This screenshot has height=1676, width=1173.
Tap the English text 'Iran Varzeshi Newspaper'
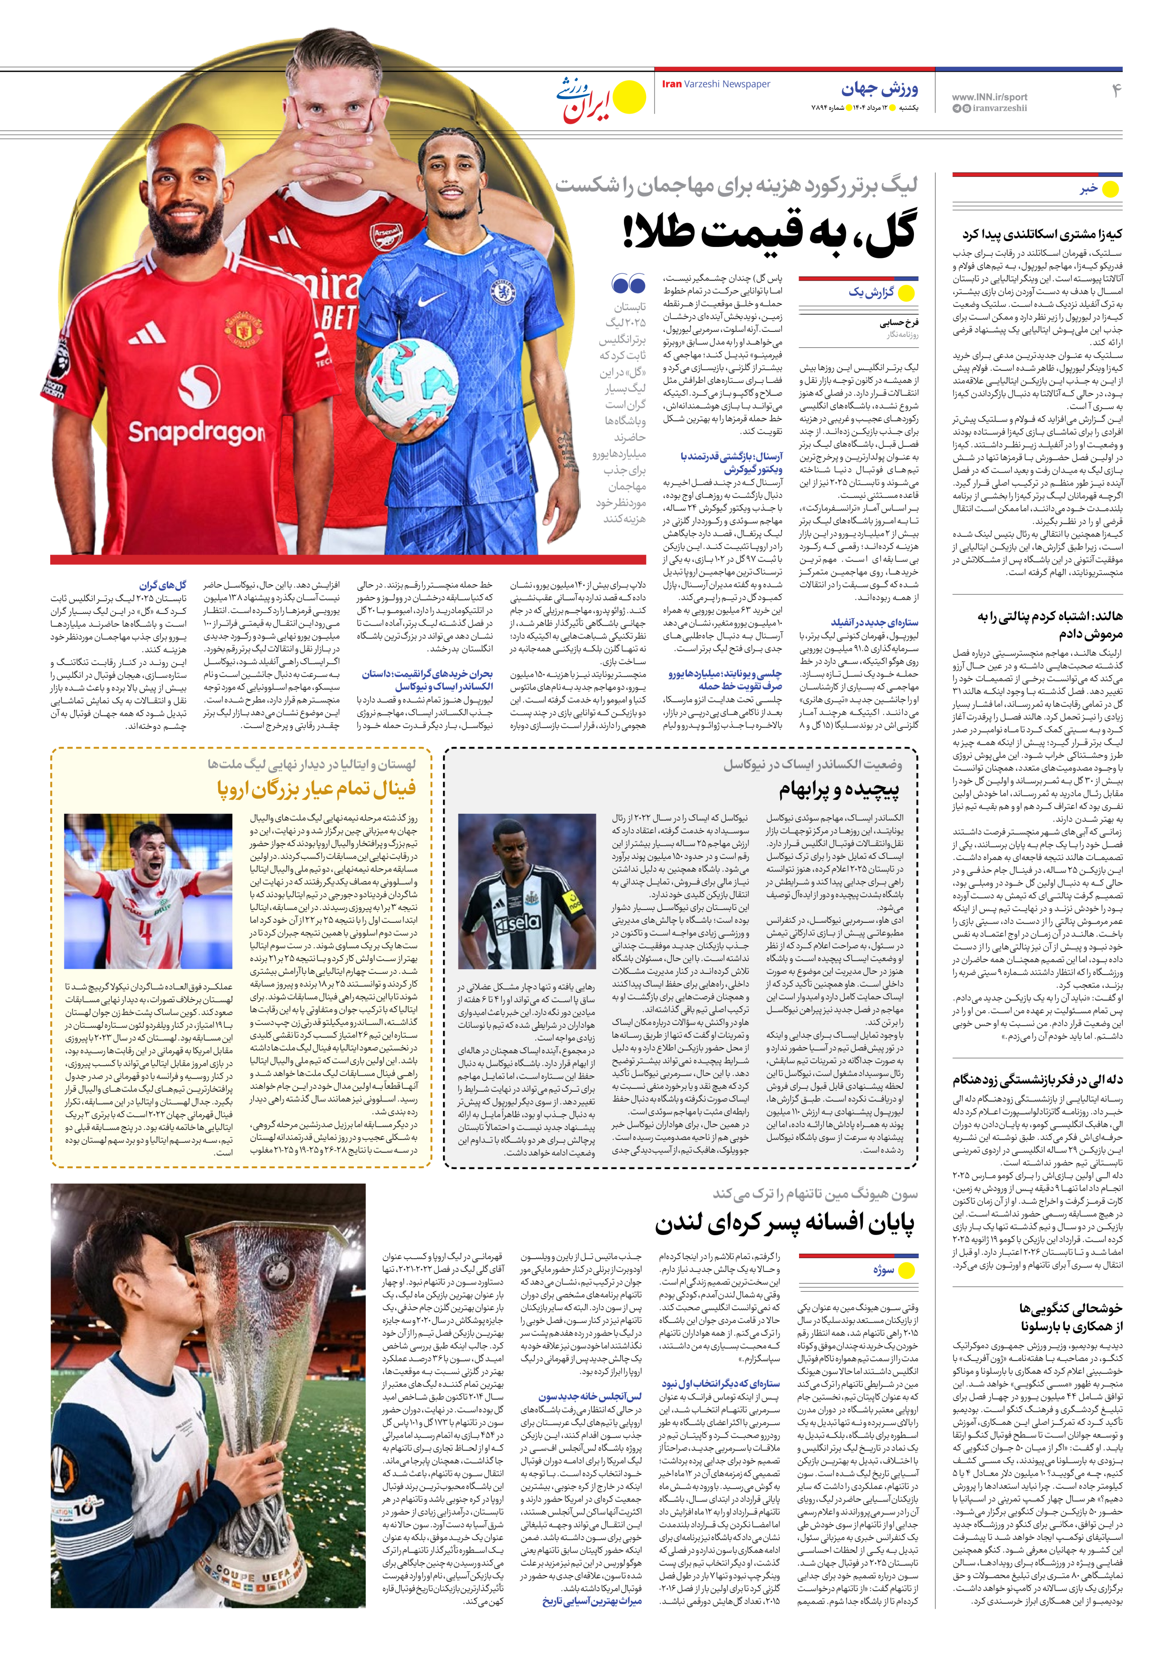click(716, 84)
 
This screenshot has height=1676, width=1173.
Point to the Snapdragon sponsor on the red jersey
click(196, 431)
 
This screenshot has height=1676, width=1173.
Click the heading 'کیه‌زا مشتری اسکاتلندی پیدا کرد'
click(1042, 234)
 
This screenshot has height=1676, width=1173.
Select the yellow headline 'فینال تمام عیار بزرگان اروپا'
click(316, 789)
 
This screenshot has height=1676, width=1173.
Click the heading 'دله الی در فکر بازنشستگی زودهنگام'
click(1037, 1079)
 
